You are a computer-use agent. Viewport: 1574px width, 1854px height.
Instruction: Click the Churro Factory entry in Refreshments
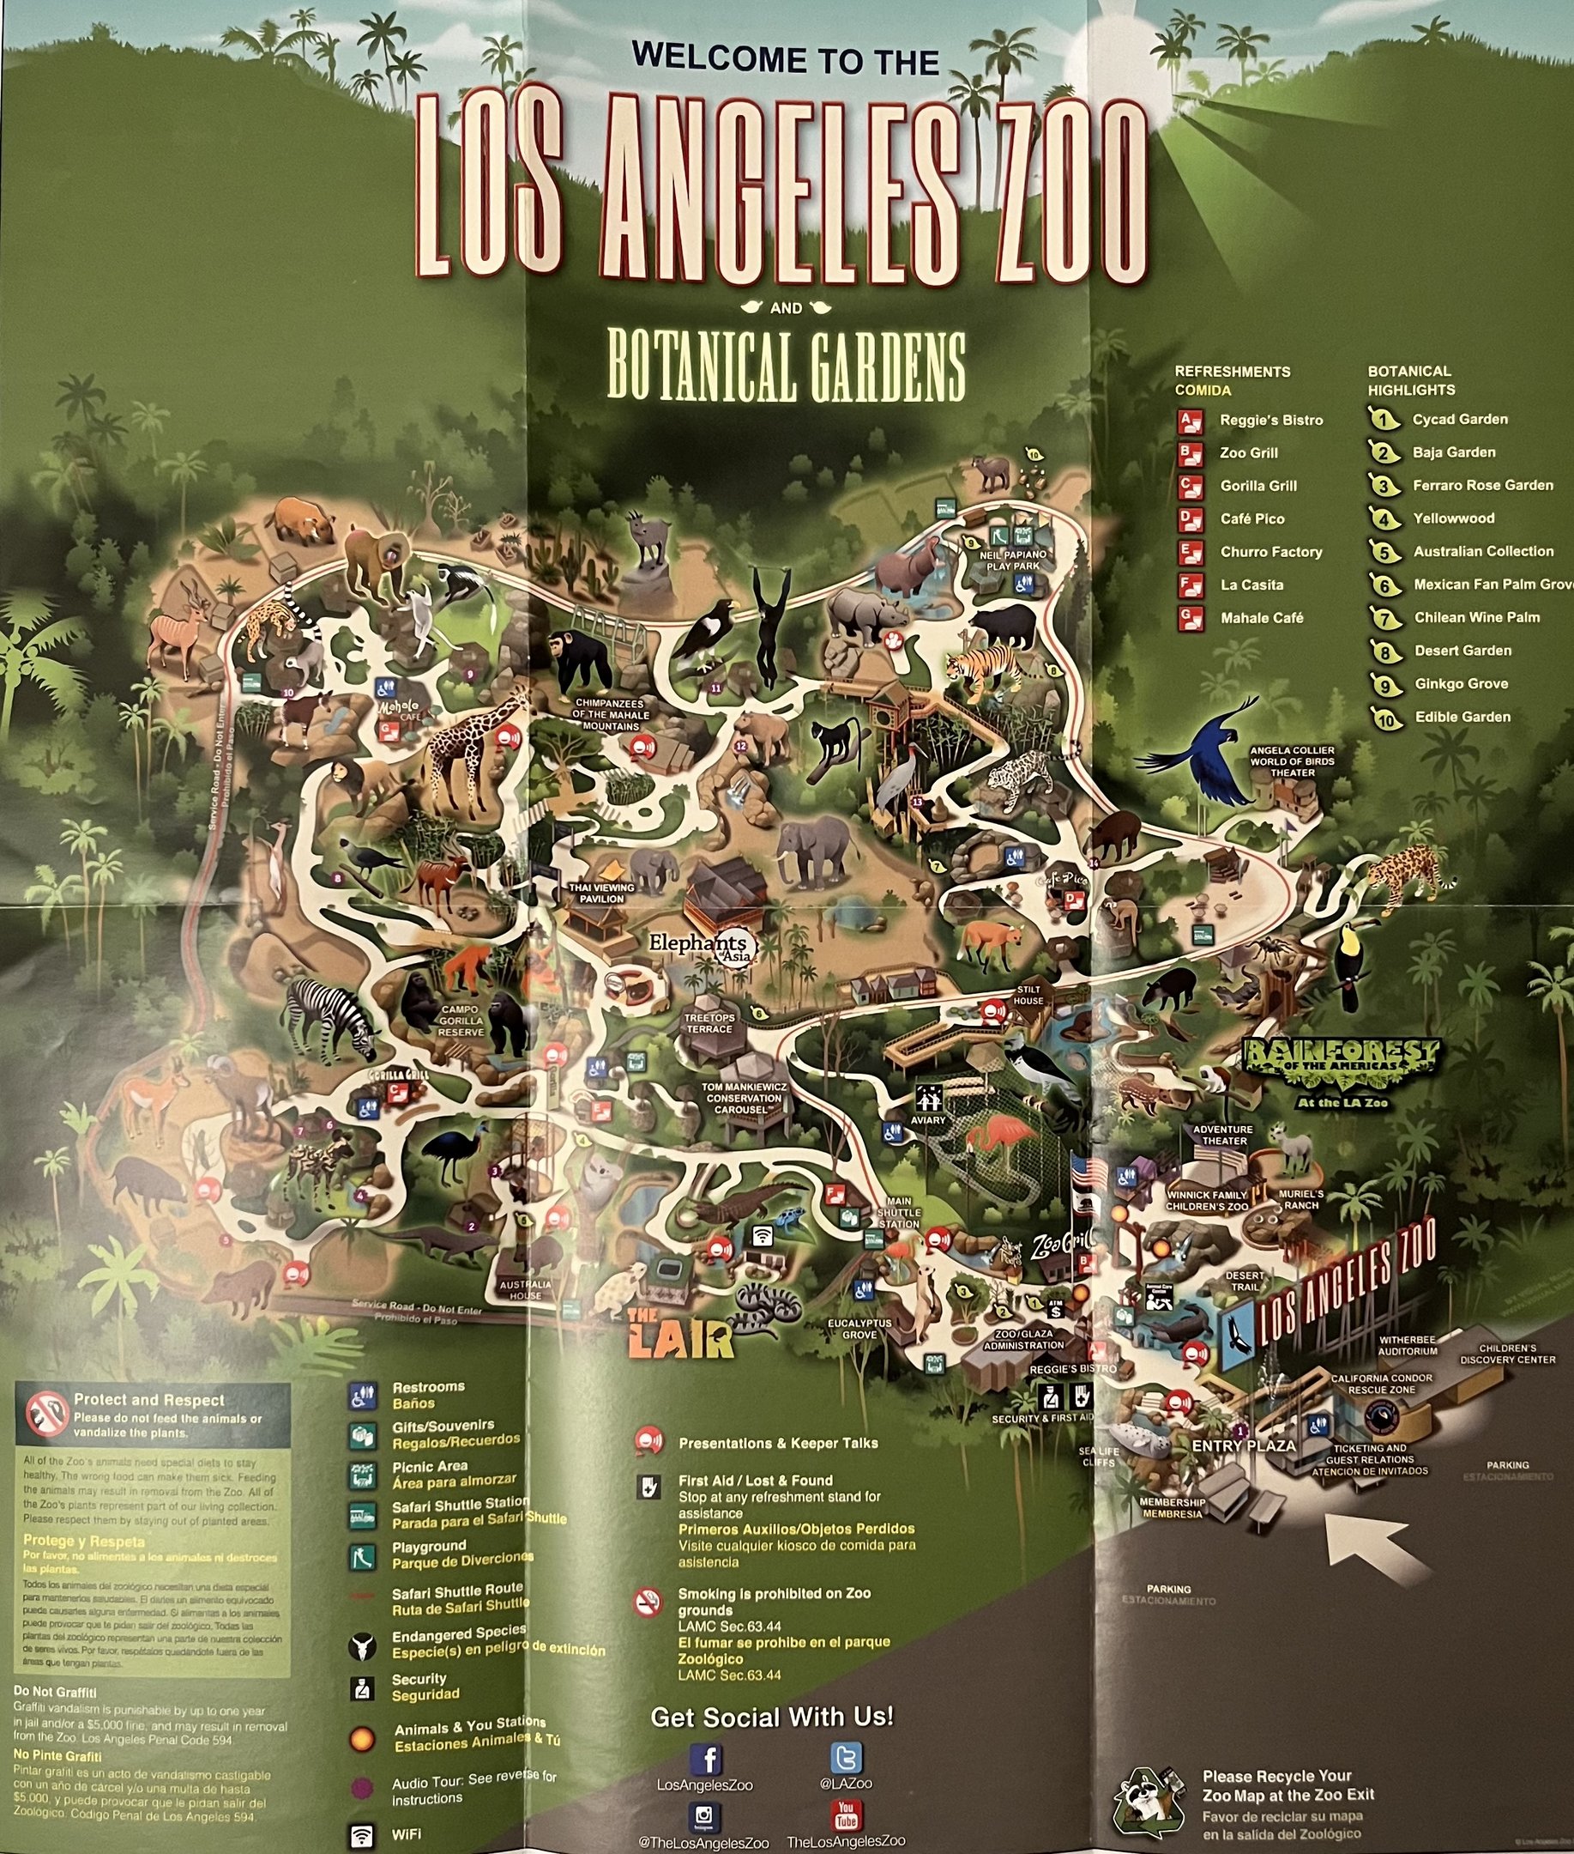pyautogui.click(x=1269, y=552)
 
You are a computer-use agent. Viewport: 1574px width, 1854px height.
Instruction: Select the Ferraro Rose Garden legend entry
pyautogui.click(x=1482, y=486)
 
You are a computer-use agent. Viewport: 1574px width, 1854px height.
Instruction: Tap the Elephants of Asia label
pyautogui.click(x=702, y=947)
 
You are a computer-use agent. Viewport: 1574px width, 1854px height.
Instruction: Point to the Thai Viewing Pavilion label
pyautogui.click(x=601, y=893)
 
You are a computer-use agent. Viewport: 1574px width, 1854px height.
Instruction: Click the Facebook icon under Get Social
pyautogui.click(x=706, y=1760)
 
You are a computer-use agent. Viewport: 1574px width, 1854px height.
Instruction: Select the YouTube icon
pyautogui.click(x=845, y=1815)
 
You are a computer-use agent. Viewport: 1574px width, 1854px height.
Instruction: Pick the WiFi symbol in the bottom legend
pyautogui.click(x=361, y=1835)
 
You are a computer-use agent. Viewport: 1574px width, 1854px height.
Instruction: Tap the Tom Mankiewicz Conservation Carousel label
pyautogui.click(x=745, y=1098)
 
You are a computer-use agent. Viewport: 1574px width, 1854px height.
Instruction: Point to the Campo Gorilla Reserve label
pyautogui.click(x=461, y=1021)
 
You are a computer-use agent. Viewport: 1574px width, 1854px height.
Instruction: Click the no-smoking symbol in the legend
pyautogui.click(x=648, y=1603)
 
